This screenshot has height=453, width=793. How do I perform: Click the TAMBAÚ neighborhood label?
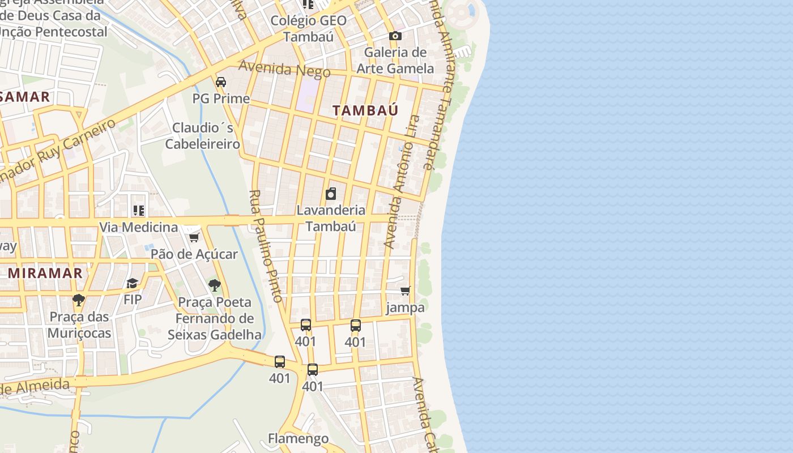(x=365, y=110)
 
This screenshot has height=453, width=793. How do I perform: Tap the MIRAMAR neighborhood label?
(x=45, y=273)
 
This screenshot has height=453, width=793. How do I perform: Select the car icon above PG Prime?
(x=221, y=82)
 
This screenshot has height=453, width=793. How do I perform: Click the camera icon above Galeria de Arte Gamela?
(x=395, y=36)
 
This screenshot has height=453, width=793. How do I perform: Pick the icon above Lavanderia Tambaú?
(x=331, y=194)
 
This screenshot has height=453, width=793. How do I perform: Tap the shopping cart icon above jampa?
(x=406, y=291)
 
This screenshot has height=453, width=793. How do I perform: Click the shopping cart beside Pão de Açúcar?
(x=194, y=237)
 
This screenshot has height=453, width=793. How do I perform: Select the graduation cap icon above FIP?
(x=132, y=283)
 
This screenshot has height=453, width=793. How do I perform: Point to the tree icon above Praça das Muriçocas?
(x=78, y=300)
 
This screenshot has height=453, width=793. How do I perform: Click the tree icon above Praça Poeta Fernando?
(x=214, y=285)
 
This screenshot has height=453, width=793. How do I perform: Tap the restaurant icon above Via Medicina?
(x=139, y=211)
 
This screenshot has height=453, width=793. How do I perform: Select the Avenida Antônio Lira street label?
(x=402, y=181)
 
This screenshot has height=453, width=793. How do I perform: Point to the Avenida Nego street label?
(x=284, y=69)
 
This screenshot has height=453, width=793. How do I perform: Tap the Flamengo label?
(x=298, y=439)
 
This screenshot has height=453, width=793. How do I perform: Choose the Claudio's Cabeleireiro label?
(x=203, y=136)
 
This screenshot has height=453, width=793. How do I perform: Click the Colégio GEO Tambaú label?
(x=308, y=28)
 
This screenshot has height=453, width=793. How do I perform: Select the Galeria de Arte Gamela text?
(x=395, y=61)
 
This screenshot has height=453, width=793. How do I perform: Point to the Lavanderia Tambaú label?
(x=331, y=219)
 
